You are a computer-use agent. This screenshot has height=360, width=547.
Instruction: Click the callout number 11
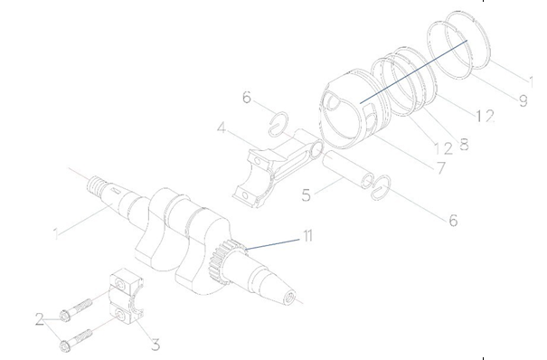pos(307,236)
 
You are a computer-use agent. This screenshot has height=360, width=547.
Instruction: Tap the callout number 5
pos(306,195)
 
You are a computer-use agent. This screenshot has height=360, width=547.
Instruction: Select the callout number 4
pos(222,128)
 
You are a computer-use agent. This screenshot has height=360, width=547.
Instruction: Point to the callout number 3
pos(156,345)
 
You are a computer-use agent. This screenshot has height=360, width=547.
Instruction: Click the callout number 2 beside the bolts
pos(40,319)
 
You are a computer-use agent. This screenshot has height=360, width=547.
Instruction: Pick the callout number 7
pos(441,168)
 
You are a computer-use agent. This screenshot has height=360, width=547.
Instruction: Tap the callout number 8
pos(465,144)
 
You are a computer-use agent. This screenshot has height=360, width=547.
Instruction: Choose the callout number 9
pos(523,100)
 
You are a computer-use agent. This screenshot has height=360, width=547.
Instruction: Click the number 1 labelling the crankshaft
pos(56,233)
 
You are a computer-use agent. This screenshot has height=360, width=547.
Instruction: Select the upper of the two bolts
pos(76,308)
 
